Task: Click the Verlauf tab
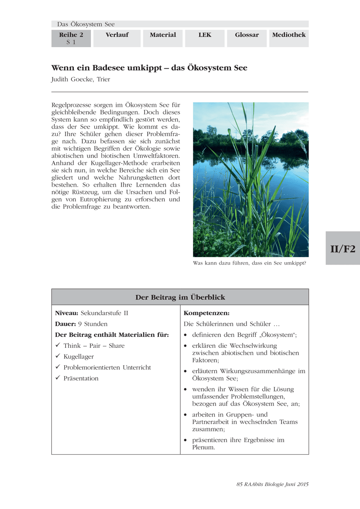[x=117, y=35]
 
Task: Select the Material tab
[x=163, y=35]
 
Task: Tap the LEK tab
[x=205, y=35]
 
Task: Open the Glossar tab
[x=247, y=35]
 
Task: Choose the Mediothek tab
[x=289, y=35]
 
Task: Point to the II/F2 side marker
[x=343, y=249]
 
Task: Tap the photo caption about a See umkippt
[x=250, y=263]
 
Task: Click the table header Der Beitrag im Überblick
[x=180, y=297]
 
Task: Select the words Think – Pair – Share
[x=94, y=346]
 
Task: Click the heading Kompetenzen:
[x=206, y=313]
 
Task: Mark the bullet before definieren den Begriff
[x=186, y=335]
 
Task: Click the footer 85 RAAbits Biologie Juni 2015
[x=272, y=484]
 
